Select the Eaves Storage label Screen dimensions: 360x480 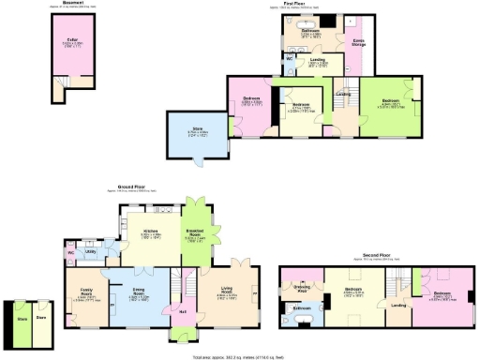click(x=358, y=42)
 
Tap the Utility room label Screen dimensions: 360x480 click(x=93, y=251)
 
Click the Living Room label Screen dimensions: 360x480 click(x=228, y=293)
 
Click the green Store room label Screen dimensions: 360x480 click(x=20, y=318)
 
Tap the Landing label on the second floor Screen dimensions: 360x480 click(x=398, y=305)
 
